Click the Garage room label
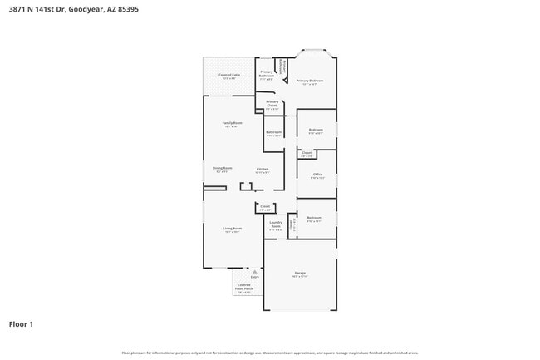point(300,274)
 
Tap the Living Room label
point(232,229)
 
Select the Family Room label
point(231,123)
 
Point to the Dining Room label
point(222,168)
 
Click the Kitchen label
point(262,170)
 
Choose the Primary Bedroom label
point(310,81)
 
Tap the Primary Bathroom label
point(267,73)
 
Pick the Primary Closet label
point(272,106)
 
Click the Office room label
point(317,175)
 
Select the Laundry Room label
point(276,224)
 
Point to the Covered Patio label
point(229,76)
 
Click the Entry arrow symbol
point(254,271)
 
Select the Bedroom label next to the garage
point(314,219)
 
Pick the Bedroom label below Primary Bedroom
point(316,130)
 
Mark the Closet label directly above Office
point(306,153)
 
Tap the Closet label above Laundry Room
point(265,207)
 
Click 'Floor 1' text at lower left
point(21,323)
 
